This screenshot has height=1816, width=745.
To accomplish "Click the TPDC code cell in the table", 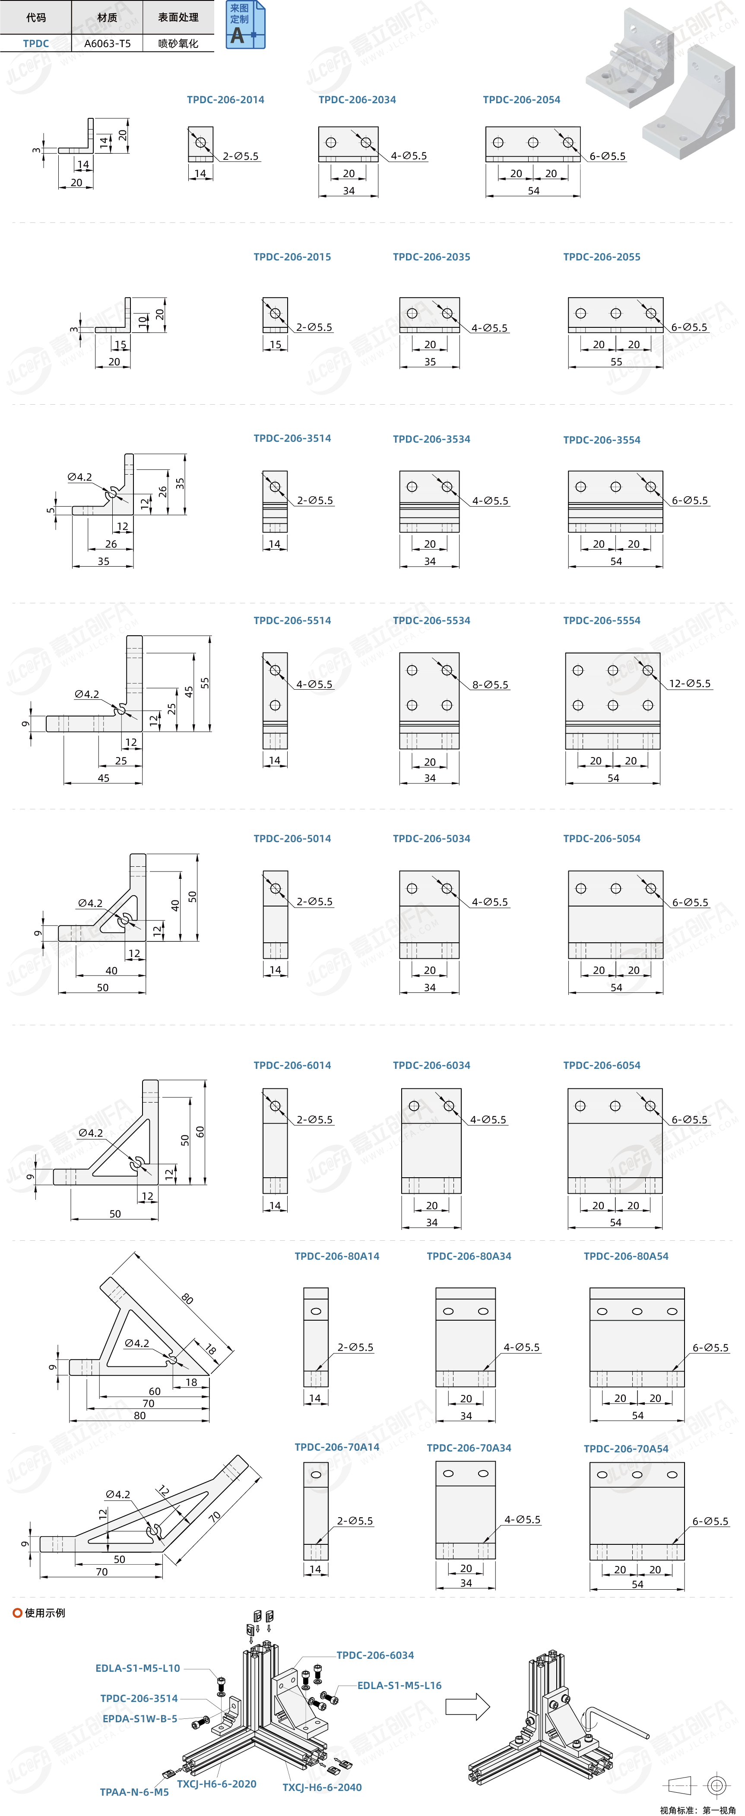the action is click(36, 43).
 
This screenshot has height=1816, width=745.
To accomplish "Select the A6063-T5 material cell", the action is click(107, 43).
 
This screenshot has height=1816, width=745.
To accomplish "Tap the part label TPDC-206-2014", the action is click(225, 99).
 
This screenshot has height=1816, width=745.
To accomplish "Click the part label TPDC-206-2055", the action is click(602, 257).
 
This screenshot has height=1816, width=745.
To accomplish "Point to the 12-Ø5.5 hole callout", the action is click(690, 683).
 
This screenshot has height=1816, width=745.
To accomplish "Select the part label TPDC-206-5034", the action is click(431, 838).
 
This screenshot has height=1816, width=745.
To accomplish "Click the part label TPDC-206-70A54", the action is click(626, 1448).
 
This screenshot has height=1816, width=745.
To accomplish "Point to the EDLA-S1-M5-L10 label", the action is click(137, 1667).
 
